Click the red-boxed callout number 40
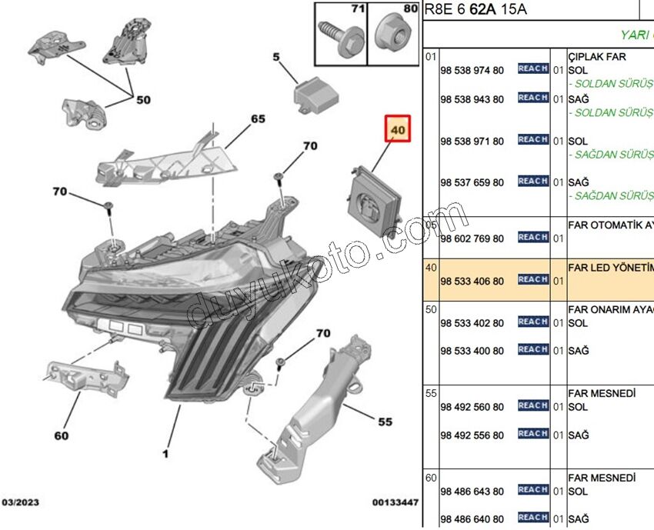[398, 131]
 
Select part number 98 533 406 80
[472, 281]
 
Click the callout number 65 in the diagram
[257, 119]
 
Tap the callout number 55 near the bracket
[385, 422]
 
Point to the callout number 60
[61, 435]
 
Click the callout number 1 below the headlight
[164, 454]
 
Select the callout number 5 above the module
[276, 56]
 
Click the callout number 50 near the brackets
[144, 99]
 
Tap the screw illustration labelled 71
[339, 34]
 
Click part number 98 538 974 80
[472, 71]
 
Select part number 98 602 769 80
[472, 238]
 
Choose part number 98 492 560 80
[472, 406]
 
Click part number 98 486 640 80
[472, 518]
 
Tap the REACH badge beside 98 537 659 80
[532, 182]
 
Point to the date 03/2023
[21, 502]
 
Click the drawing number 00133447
[395, 502]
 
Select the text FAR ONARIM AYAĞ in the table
[610, 309]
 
